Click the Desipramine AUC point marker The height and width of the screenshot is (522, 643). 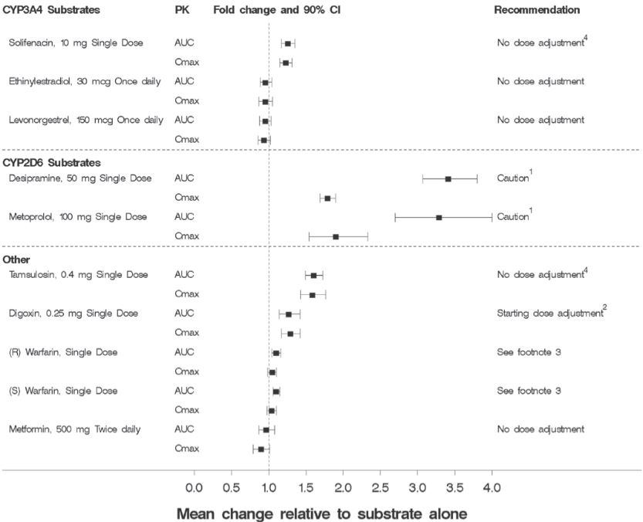click(x=448, y=178)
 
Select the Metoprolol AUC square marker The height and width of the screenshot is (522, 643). click(x=438, y=217)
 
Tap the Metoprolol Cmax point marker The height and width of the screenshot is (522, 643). click(x=336, y=236)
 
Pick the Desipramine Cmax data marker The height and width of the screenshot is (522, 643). click(x=327, y=198)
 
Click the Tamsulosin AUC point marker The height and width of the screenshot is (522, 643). click(x=313, y=275)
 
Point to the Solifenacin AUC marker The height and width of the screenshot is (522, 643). click(x=287, y=43)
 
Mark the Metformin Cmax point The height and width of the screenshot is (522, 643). click(x=261, y=449)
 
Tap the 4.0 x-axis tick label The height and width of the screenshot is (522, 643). click(x=492, y=488)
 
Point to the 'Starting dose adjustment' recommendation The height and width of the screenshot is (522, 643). click(x=549, y=314)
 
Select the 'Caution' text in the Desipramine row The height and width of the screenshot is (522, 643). click(x=512, y=179)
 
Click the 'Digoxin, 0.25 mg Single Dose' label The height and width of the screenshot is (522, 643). click(x=73, y=314)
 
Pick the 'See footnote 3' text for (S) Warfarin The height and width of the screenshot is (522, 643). click(x=529, y=391)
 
